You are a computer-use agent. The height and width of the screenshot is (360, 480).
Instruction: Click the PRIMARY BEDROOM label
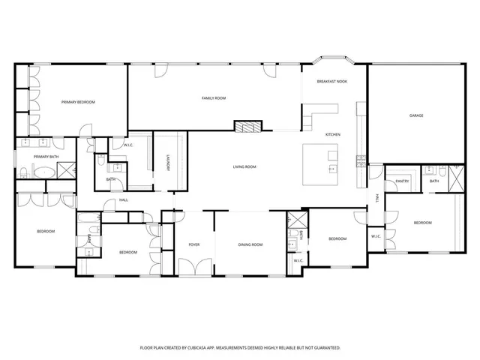click(x=78, y=102)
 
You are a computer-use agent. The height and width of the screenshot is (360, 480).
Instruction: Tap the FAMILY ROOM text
click(x=214, y=98)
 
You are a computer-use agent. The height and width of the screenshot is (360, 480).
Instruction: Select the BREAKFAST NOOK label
click(x=331, y=81)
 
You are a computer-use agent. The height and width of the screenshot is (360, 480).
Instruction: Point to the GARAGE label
click(x=416, y=115)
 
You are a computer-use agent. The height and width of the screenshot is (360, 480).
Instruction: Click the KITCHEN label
click(x=333, y=134)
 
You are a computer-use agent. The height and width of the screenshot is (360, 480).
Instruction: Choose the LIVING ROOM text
click(x=245, y=166)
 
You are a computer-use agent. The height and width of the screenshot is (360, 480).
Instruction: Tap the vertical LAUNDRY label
click(x=168, y=163)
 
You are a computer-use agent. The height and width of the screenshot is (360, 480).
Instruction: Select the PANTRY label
click(x=401, y=181)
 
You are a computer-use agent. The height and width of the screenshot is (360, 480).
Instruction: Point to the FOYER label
click(x=193, y=244)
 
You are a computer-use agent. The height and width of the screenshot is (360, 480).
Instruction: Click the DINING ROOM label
click(x=250, y=244)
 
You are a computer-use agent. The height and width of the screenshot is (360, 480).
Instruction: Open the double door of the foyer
click(x=193, y=268)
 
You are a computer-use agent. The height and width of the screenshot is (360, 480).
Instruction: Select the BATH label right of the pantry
click(x=434, y=181)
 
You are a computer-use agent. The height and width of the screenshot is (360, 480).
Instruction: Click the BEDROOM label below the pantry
click(x=423, y=223)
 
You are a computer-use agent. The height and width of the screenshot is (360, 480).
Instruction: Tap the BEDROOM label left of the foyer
click(x=128, y=252)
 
